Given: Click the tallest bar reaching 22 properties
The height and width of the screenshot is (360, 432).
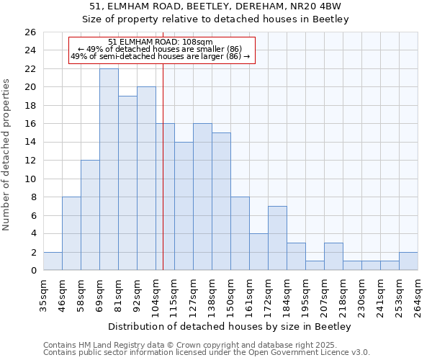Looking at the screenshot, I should coord(109,169).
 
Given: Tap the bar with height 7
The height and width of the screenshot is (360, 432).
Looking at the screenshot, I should coord(277,238).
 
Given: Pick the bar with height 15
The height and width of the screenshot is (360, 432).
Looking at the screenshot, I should coord(221,202).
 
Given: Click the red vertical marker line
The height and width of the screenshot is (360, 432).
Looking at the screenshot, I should coord(163,180).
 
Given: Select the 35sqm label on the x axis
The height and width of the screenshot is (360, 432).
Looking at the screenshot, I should coord(44,294).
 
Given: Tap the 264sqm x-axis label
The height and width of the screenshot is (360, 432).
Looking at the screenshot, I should coord(418,294).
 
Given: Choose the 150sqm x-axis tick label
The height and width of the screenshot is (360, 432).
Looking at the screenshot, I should coord(231,294).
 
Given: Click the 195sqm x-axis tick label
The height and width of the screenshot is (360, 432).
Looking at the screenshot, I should coord(306,294).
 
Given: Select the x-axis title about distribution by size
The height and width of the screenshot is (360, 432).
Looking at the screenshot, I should coord(230,327).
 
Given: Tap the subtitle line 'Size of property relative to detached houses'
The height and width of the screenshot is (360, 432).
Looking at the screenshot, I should coord(215,19).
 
